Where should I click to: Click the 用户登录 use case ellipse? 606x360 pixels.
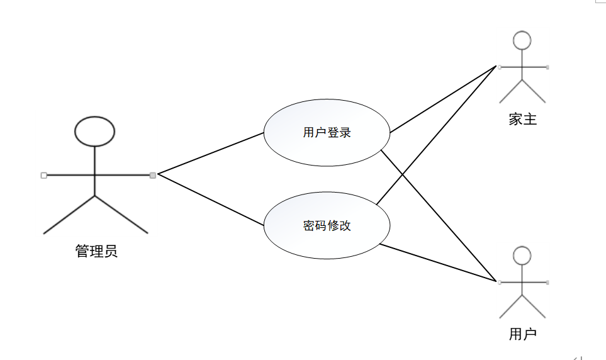[327, 133]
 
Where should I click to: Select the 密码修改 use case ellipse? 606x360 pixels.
[327, 225]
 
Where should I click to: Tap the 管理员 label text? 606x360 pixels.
[96, 252]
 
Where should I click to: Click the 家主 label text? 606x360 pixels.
[522, 119]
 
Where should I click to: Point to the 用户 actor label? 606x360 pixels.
[522, 334]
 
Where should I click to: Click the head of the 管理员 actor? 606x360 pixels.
[95, 131]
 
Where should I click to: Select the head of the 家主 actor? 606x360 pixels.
[522, 40]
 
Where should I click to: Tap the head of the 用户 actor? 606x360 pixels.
[522, 256]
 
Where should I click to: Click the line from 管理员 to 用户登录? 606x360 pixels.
[211, 153]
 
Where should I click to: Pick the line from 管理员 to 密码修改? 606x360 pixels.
[211, 200]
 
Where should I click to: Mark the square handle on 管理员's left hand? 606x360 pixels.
[43, 175]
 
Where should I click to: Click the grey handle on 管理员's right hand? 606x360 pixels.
[153, 175]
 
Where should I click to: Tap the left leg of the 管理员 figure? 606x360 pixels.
[69, 215]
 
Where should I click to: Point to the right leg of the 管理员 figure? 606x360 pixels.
[121, 215]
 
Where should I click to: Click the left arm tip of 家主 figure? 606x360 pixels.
[499, 66]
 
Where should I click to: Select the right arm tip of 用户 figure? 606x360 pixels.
[547, 282]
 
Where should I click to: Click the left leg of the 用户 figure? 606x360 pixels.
[511, 305]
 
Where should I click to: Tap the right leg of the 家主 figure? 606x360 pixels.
[534, 91]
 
